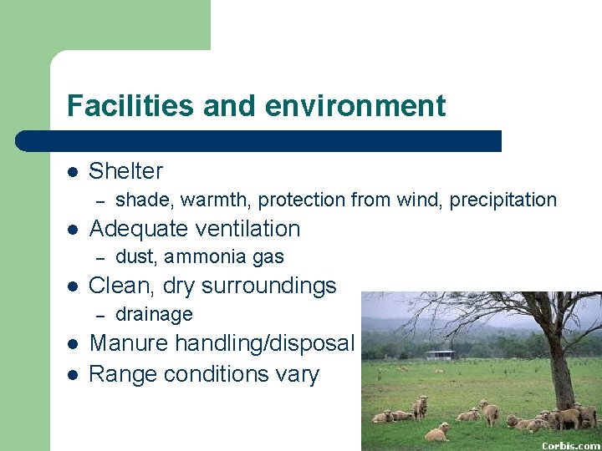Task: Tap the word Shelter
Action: pyautogui.click(x=125, y=171)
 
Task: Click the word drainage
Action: pyautogui.click(x=154, y=315)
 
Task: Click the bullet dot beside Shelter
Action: pyautogui.click(x=73, y=172)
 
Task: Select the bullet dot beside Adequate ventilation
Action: pyautogui.click(x=73, y=230)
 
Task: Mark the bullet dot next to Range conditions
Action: pyautogui.click(x=73, y=374)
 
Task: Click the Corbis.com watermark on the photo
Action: pyautogui.click(x=571, y=445)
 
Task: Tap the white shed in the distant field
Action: pyautogui.click(x=439, y=355)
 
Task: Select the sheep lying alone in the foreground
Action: pyautogui.click(x=437, y=432)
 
